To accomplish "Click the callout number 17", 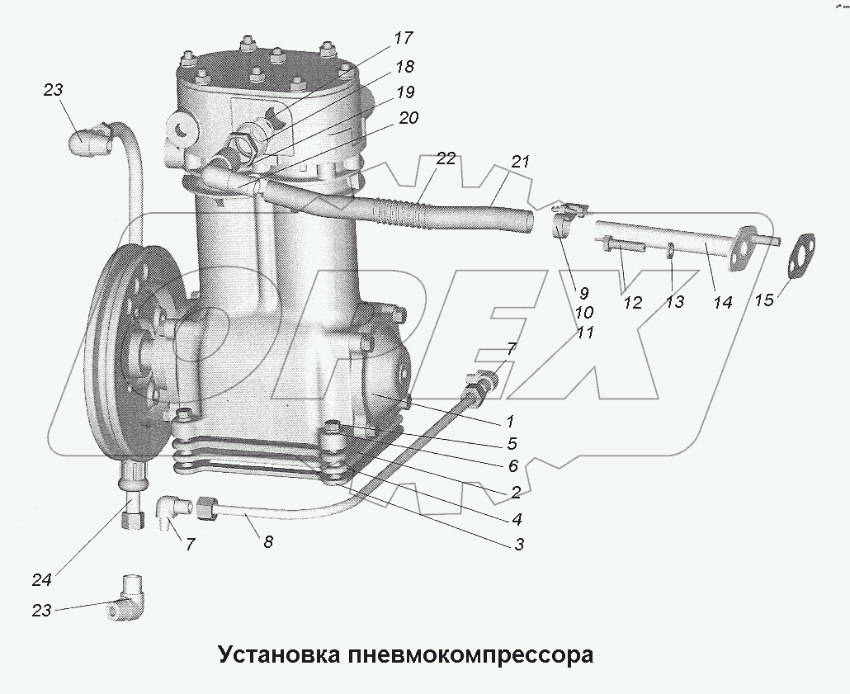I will point(403,38).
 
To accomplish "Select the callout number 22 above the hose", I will point(445,160).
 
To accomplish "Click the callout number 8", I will point(268,542).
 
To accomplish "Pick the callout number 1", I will point(510,420).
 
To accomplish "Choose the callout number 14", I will point(722,303).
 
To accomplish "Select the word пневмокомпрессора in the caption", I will point(471,656).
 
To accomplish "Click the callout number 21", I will point(520,163).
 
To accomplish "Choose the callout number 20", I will point(408,119).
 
